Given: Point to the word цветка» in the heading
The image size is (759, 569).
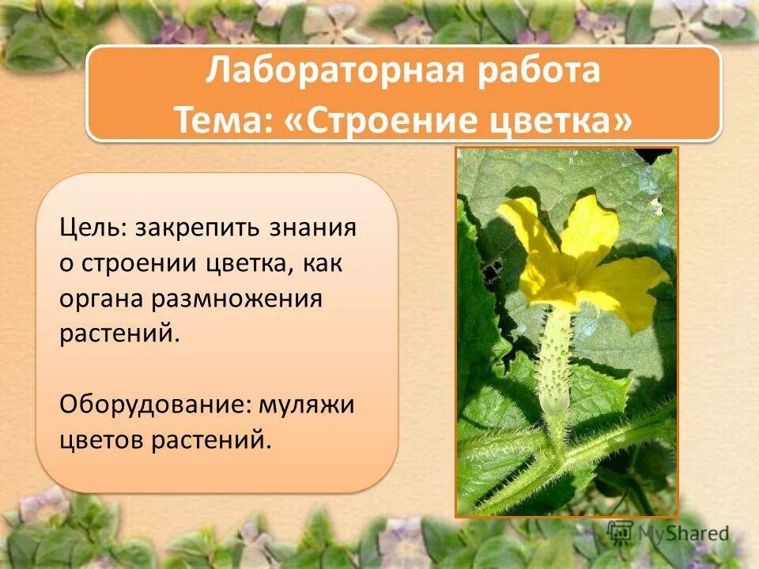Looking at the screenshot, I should [566, 120].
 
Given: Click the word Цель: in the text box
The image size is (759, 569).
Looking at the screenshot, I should [92, 229].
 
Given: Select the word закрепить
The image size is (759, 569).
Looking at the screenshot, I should [201, 229].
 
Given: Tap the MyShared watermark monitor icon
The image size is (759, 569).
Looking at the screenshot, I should [621, 532].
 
